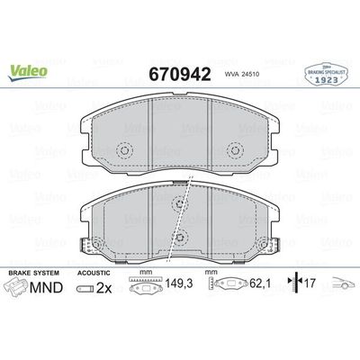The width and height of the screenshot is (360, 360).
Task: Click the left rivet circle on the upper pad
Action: pos(126,151)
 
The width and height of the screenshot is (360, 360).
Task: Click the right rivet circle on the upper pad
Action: pos(236,151)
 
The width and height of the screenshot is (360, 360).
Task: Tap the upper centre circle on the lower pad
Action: pos(180,204)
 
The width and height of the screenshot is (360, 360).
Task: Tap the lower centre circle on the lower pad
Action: pos(180,238)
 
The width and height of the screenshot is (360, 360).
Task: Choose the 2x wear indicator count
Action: pos(103,290)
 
